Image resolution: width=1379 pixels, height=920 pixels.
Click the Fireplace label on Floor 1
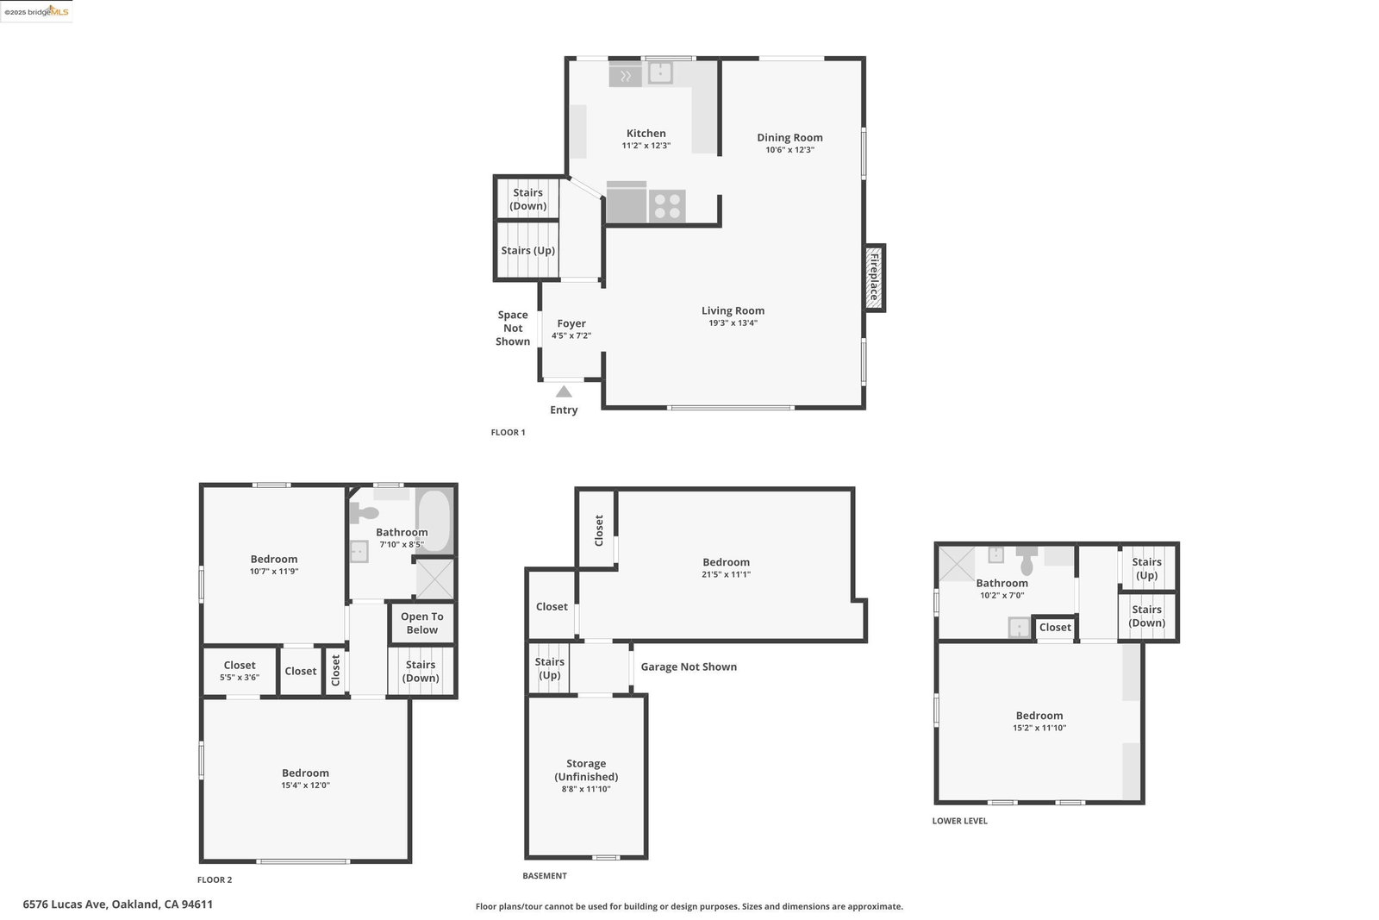[874, 278]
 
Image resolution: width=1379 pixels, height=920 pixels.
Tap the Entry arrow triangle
[564, 391]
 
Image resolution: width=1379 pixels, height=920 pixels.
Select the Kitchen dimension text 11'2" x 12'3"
[646, 146]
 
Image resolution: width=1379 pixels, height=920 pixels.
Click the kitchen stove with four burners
[667, 206]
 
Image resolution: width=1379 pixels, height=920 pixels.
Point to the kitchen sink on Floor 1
[660, 72]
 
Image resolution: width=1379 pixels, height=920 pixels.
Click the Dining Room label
[789, 137]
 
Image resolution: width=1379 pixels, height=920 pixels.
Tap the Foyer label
[571, 323]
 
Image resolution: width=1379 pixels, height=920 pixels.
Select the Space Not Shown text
[513, 329]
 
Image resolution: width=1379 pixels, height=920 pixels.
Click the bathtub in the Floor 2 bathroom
[434, 521]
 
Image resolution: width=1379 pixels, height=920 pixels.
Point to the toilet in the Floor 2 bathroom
[364, 512]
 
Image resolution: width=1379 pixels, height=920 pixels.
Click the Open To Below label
[422, 623]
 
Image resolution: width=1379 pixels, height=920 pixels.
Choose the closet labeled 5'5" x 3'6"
[240, 671]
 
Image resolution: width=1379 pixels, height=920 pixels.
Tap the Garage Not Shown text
[689, 667]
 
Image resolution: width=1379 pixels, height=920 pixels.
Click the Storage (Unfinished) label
[586, 770]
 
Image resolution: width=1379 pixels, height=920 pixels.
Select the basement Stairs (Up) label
[550, 668]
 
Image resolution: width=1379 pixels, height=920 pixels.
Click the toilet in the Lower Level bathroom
[1026, 560]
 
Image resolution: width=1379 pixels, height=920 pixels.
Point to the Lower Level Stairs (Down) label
[1147, 616]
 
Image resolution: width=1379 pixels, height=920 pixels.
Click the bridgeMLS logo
[37, 12]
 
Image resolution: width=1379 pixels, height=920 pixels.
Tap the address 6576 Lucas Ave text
[66, 904]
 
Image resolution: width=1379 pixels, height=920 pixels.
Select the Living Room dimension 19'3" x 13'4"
[733, 323]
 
